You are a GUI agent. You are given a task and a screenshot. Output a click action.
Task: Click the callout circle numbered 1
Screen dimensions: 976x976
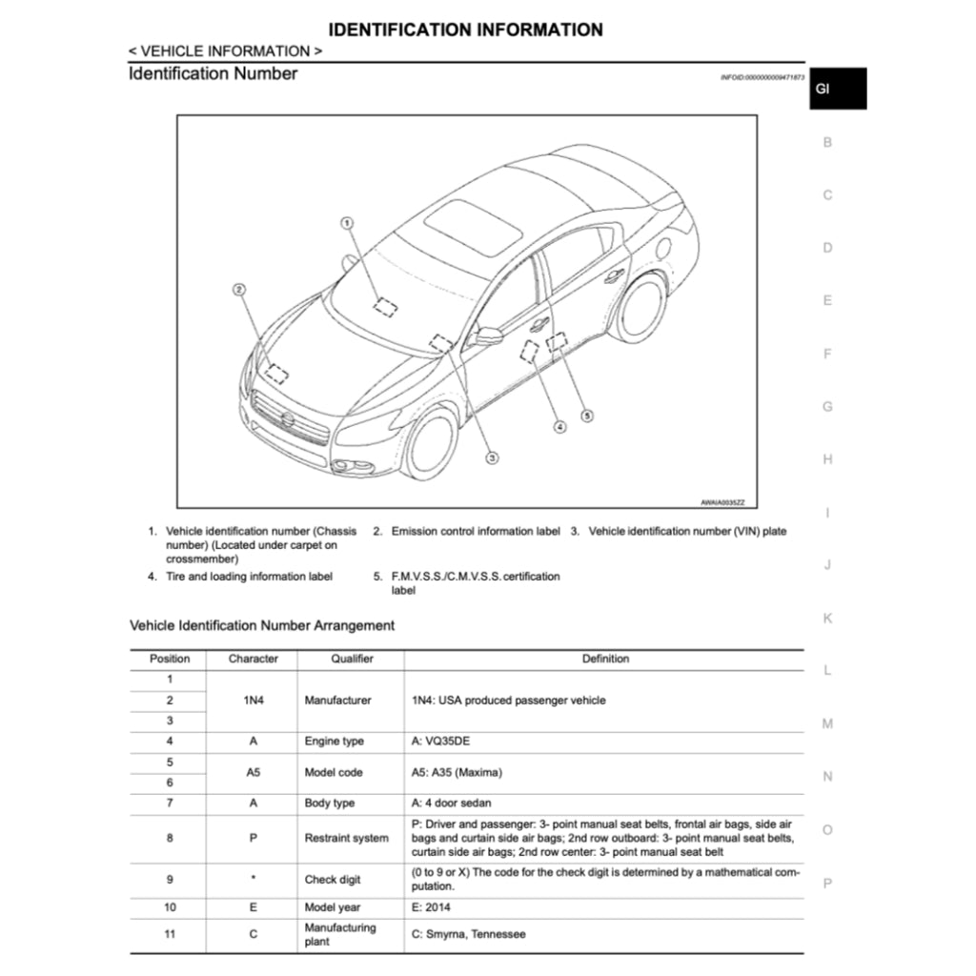point(347,222)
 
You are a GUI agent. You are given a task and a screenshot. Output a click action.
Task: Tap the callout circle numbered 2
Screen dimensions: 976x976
point(239,288)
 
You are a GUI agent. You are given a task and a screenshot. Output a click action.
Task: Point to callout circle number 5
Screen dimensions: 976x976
point(587,416)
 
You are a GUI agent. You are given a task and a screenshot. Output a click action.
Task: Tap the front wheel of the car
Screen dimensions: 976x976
point(431,444)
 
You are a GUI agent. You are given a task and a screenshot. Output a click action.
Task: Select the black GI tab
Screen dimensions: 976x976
point(837,89)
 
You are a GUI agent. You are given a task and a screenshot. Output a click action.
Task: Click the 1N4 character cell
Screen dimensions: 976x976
point(253,701)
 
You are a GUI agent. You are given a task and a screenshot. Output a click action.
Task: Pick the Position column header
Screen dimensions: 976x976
point(170,659)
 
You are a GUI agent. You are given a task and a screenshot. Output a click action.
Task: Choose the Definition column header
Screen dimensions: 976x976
point(605,659)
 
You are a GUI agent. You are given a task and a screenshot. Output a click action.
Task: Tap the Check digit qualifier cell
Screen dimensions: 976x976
point(333,880)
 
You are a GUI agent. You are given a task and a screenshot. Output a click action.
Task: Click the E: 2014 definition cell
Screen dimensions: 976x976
point(431,907)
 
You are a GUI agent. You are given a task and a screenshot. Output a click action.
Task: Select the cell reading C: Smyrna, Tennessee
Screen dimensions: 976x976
point(468,934)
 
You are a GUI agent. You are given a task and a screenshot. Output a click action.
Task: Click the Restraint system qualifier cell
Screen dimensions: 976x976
point(346,839)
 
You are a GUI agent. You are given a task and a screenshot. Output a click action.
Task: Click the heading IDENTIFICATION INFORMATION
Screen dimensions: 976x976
point(465,30)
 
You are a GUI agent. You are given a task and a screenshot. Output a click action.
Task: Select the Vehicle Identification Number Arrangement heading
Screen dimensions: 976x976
point(261,625)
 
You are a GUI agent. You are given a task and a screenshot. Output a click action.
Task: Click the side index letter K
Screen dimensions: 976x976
point(827,619)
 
